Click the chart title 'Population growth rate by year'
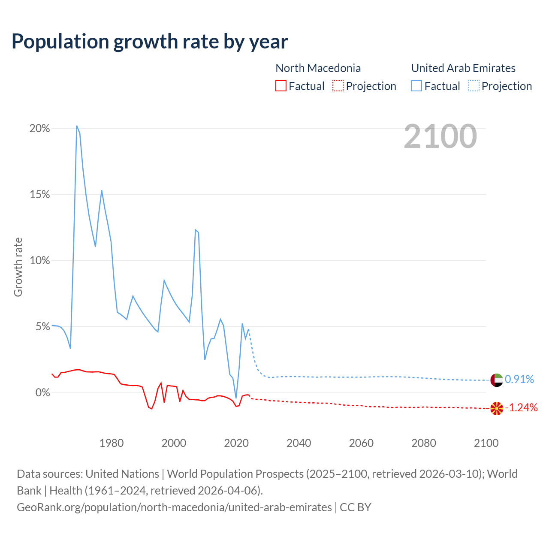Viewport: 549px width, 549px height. coord(150,42)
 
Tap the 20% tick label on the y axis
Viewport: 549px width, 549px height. coord(39,129)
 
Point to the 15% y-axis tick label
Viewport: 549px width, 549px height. coord(39,195)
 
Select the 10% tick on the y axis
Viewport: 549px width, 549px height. coord(39,261)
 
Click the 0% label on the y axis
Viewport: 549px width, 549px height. coord(42,393)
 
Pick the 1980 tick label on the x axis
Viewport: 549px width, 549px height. coord(112,443)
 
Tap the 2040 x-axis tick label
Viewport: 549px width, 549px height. coord(299,443)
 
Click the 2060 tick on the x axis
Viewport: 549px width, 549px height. coord(361,443)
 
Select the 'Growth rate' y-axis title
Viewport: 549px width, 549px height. coord(18,267)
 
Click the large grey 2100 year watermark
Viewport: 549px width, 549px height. coord(440,136)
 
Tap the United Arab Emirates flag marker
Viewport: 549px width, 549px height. coord(497,380)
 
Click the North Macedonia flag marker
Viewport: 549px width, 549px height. coord(497,408)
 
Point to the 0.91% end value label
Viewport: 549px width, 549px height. coord(519,380)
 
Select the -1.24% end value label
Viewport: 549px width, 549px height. coord(521,408)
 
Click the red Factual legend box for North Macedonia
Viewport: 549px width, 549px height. coord(281,86)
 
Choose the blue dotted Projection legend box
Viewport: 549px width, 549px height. coord(474,86)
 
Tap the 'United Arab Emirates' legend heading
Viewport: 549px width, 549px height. coord(463,68)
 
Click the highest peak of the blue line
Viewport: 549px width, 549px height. coord(77,126)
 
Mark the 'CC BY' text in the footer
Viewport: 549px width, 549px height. coord(356,507)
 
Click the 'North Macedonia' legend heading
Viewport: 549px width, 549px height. coord(318,68)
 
